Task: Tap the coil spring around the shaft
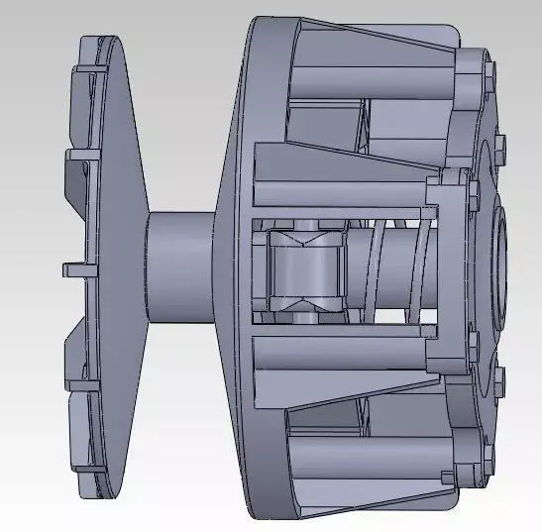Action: (391, 270)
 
